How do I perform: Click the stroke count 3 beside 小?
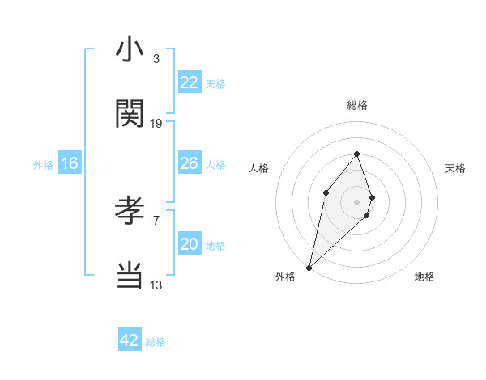point(156,59)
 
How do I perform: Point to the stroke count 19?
point(156,124)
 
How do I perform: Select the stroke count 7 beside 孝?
point(156,220)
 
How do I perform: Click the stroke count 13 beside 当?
point(156,285)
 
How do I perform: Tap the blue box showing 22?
point(190,82)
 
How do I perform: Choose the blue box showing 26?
point(190,163)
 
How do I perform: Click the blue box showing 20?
point(190,244)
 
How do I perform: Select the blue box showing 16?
point(70,163)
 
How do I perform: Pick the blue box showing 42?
point(130,340)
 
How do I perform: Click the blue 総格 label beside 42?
point(156,342)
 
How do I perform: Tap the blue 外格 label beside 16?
point(43,165)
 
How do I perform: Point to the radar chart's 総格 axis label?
point(356,105)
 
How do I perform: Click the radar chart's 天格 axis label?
point(456,168)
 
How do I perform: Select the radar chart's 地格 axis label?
point(424,277)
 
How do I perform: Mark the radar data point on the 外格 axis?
point(309,267)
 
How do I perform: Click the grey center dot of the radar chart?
point(356,201)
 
